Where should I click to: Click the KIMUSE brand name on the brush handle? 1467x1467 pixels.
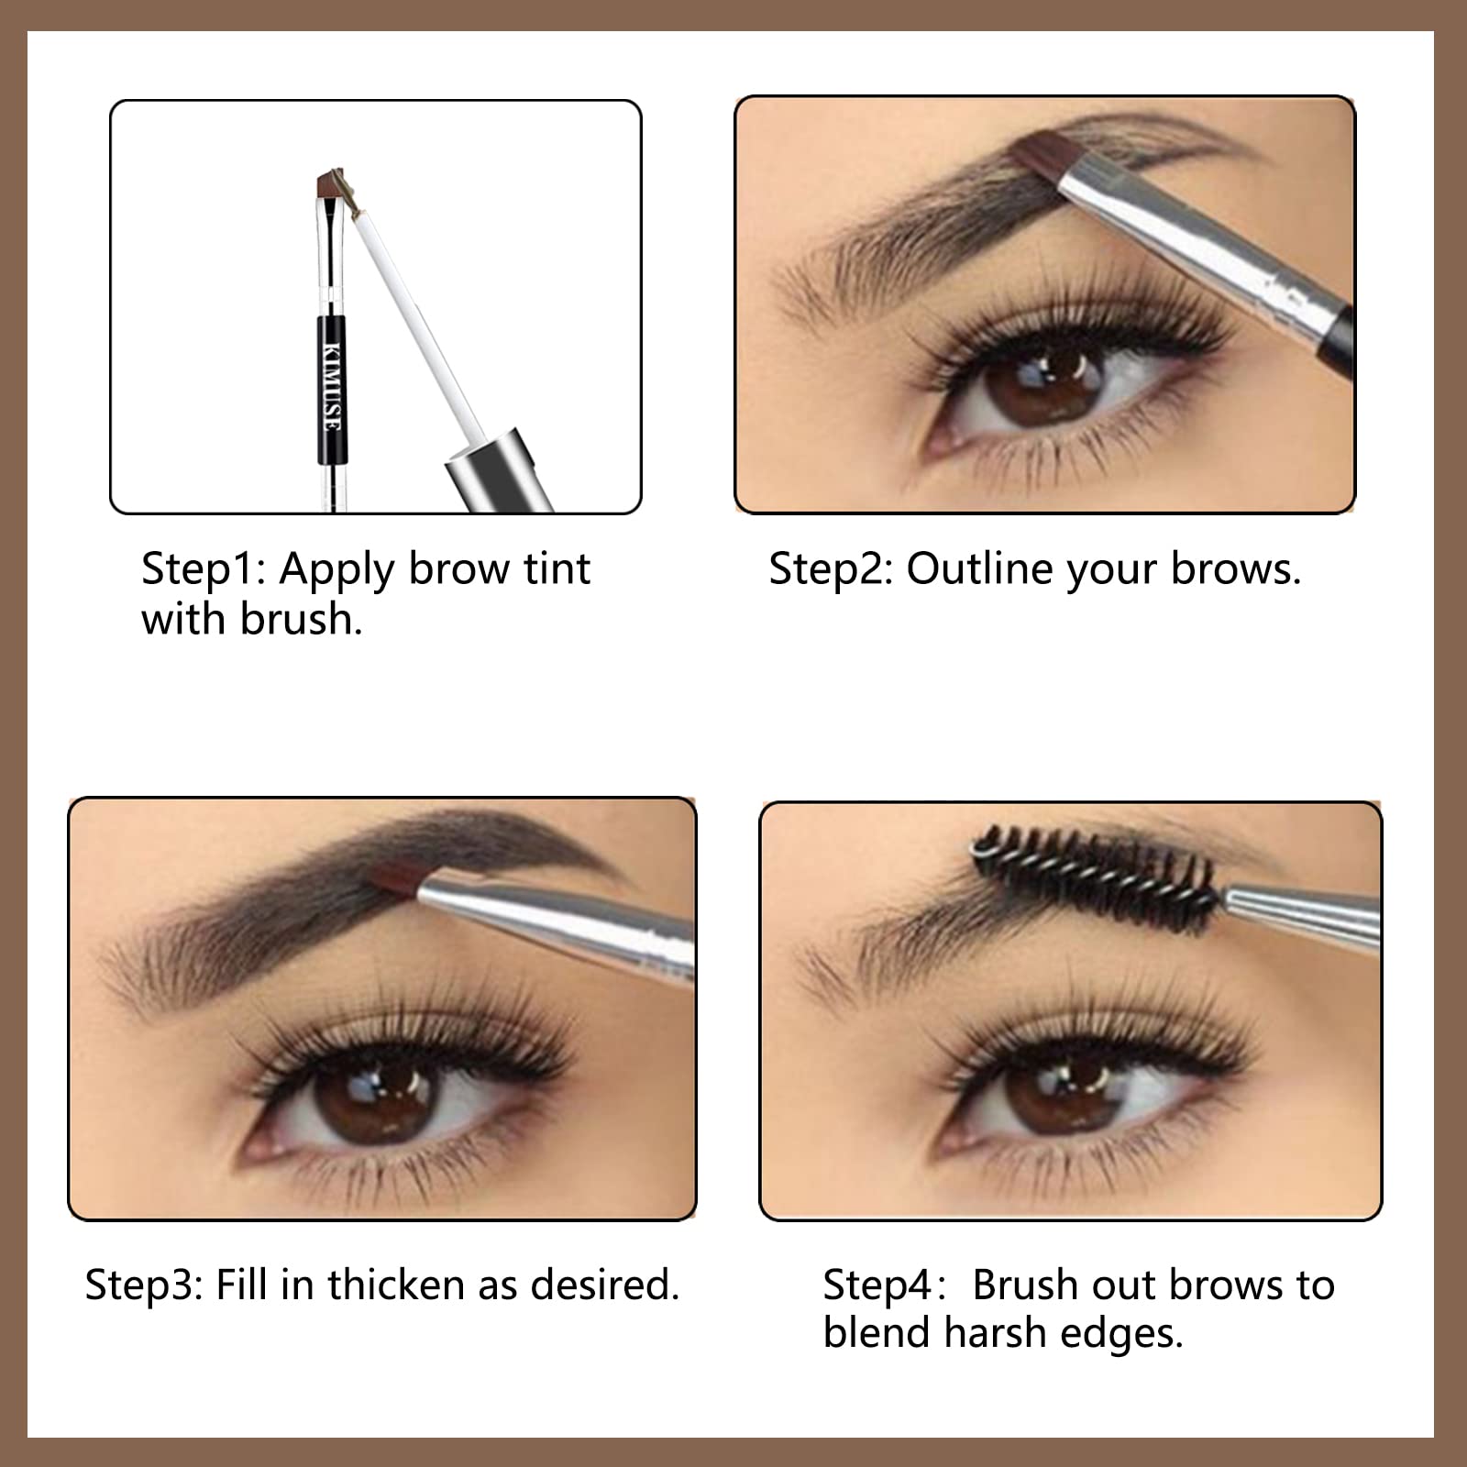(x=333, y=384)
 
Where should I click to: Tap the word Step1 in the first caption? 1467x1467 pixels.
(x=203, y=569)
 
